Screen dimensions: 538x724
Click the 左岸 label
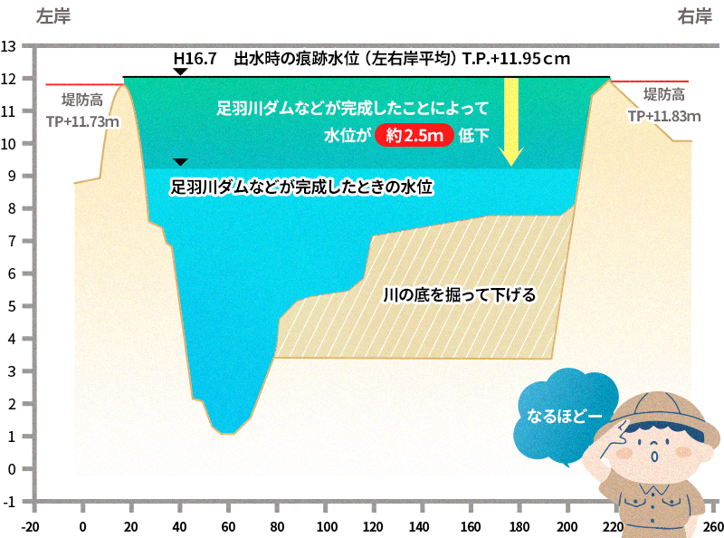coord(52,16)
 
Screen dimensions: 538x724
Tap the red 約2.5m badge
coord(413,136)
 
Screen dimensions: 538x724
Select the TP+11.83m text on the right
coord(664,116)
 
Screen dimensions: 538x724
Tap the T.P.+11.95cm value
coord(515,60)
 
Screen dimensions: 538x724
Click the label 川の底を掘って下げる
coord(460,295)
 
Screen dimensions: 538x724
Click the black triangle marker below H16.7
coord(180,72)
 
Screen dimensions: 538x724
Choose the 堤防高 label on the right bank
coord(663,94)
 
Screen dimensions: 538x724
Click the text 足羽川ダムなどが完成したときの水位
coord(303,188)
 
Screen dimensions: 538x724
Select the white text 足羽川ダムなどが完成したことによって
coord(353,109)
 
